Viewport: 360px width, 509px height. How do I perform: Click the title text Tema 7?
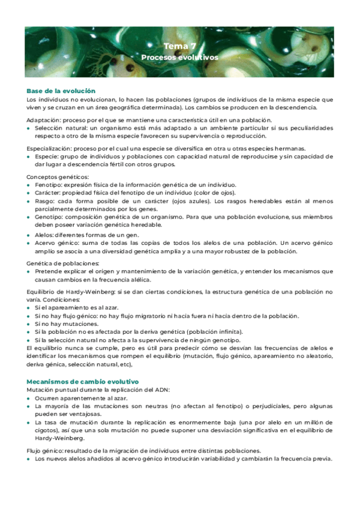[x=179, y=46]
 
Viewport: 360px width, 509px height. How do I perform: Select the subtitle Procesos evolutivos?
[x=179, y=58]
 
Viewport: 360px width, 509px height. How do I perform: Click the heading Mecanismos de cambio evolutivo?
[x=83, y=381]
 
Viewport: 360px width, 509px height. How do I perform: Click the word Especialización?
[x=46, y=148]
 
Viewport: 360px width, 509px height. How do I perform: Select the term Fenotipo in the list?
[x=47, y=185]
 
